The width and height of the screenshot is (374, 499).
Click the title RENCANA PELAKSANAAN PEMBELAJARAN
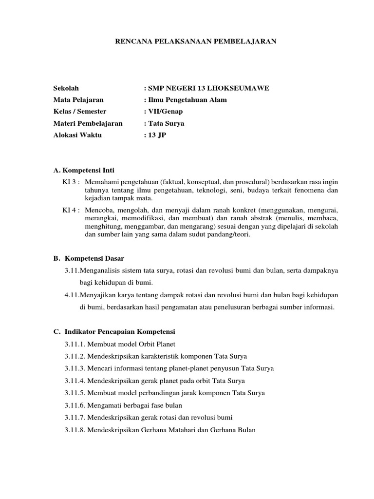click(x=195, y=42)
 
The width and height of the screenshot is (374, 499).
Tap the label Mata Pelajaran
click(x=78, y=100)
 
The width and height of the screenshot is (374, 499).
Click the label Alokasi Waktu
click(x=77, y=135)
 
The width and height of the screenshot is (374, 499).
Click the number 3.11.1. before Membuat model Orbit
click(x=75, y=344)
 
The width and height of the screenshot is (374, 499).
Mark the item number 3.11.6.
click(x=75, y=405)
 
